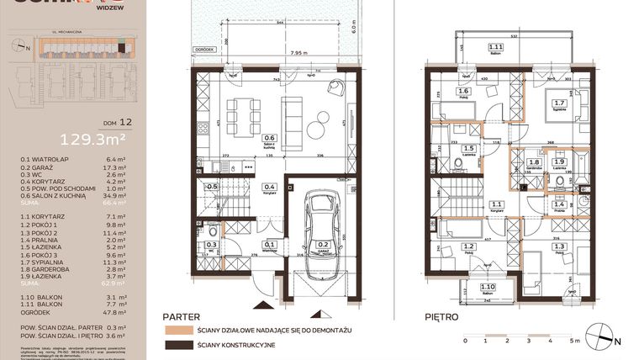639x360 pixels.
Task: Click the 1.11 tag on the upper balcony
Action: point(496,47)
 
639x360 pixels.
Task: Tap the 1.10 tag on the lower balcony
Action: point(489,287)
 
